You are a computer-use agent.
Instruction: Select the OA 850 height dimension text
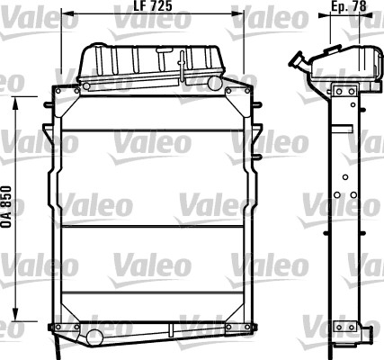[7, 209]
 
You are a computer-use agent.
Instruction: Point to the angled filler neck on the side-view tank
[298, 62]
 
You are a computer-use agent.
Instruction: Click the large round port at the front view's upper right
[214, 84]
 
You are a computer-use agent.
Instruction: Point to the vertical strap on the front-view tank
[183, 63]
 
